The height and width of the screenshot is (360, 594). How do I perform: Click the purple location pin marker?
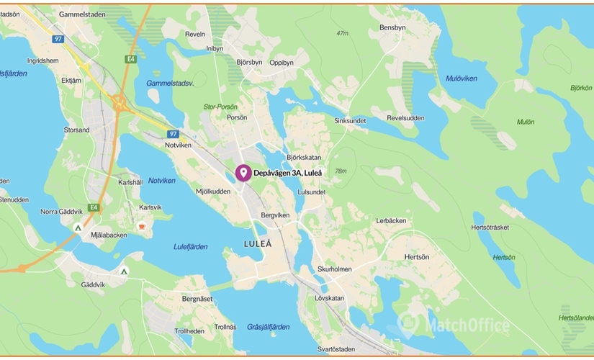243,173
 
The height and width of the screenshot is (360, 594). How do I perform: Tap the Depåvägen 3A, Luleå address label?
287,174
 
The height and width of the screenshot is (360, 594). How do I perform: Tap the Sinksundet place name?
350,121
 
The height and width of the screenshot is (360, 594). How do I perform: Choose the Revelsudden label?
405,118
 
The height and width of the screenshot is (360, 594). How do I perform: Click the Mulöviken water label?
461,78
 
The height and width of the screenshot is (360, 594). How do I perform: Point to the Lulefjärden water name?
191,246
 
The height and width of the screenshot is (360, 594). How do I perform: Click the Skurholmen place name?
334,269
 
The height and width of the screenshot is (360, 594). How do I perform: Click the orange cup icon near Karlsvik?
142,227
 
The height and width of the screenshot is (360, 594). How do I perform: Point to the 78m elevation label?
341,171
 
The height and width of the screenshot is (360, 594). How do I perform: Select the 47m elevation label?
342,33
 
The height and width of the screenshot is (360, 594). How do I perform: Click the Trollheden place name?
189,331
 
